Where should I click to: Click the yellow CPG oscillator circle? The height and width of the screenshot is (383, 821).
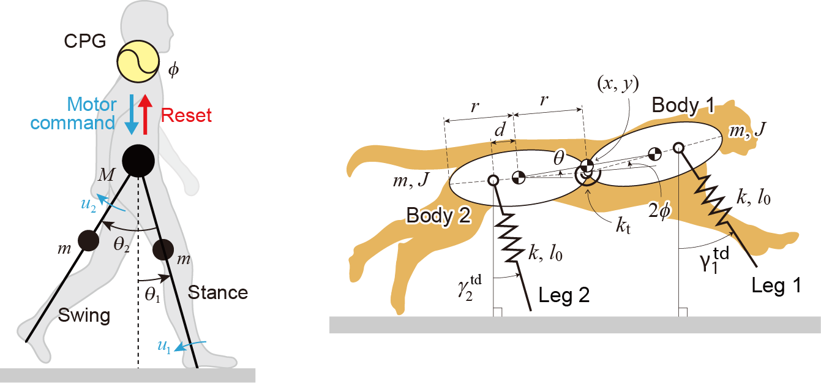(x=138, y=61)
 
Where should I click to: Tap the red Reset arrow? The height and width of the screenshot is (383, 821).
(x=146, y=115)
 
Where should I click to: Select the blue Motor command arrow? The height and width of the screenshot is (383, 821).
(x=131, y=115)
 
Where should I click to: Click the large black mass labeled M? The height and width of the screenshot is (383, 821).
(x=138, y=161)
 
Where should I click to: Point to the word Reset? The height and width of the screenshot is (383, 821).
(x=186, y=115)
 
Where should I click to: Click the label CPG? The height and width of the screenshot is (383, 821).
(x=85, y=41)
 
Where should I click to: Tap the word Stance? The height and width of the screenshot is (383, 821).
(x=218, y=292)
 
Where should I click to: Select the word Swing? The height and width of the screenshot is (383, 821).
(x=84, y=316)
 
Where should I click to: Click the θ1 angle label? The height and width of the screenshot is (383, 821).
(x=152, y=294)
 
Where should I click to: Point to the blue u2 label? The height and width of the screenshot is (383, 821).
(x=88, y=204)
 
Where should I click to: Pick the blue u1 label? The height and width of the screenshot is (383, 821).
(x=164, y=346)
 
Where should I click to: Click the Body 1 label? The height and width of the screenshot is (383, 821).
(x=683, y=105)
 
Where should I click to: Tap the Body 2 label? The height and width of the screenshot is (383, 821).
(x=438, y=215)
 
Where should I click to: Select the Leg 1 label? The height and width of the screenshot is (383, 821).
(x=776, y=286)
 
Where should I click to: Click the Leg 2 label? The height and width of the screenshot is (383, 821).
(x=564, y=295)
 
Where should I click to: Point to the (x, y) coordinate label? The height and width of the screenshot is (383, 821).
(x=618, y=84)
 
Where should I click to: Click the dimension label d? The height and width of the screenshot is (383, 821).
(x=500, y=129)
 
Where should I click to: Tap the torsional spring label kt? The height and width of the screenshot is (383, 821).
(x=623, y=226)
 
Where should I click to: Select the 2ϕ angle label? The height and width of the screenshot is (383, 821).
(x=660, y=211)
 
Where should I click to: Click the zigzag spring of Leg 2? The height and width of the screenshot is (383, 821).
(x=510, y=237)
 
